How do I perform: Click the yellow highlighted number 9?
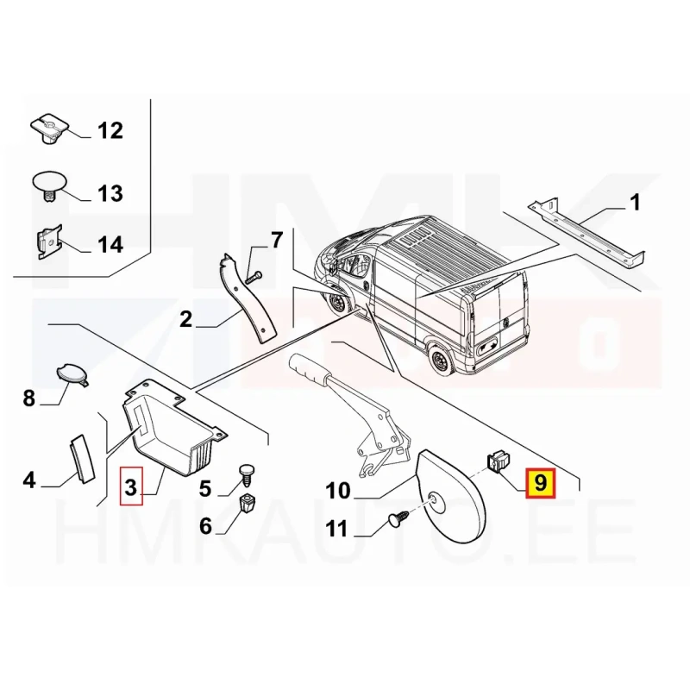click(x=541, y=483)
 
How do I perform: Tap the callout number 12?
click(x=110, y=131)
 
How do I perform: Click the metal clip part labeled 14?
click(x=49, y=242)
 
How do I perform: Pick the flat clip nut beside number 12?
click(x=50, y=129)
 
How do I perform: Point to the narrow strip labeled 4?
click(x=82, y=457)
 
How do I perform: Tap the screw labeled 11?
click(x=398, y=519)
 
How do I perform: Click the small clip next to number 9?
click(x=498, y=461)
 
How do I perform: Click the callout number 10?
click(x=338, y=490)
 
